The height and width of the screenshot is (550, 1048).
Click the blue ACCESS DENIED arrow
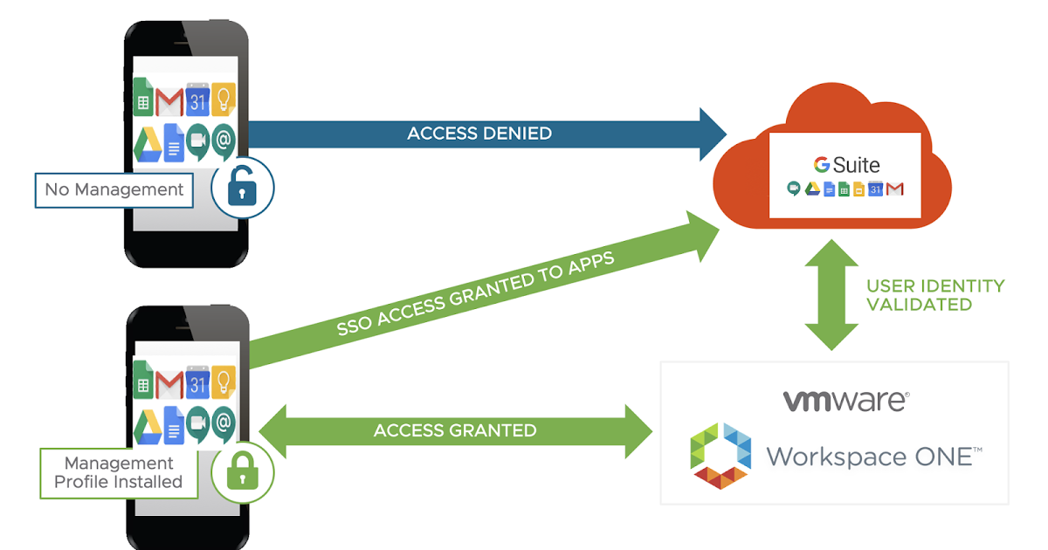[x=480, y=134]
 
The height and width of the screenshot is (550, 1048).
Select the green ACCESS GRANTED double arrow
[x=455, y=430]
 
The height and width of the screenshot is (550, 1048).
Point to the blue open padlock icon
[x=244, y=187]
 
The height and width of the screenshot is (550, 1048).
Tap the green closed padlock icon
[x=244, y=472]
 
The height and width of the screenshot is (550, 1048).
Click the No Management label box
[x=114, y=189]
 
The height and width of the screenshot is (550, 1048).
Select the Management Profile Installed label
[x=119, y=472]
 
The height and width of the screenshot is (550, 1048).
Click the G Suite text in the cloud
[x=846, y=164]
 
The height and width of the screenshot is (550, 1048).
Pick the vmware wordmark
[x=845, y=400]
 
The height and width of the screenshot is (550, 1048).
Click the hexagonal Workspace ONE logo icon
[x=720, y=455]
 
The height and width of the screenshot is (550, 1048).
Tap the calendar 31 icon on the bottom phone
[x=198, y=383]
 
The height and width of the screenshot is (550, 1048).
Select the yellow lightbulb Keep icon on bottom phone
[x=224, y=382]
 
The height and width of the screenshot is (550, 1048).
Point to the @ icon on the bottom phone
[x=224, y=423]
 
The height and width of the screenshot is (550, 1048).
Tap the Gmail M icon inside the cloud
[x=894, y=189]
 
